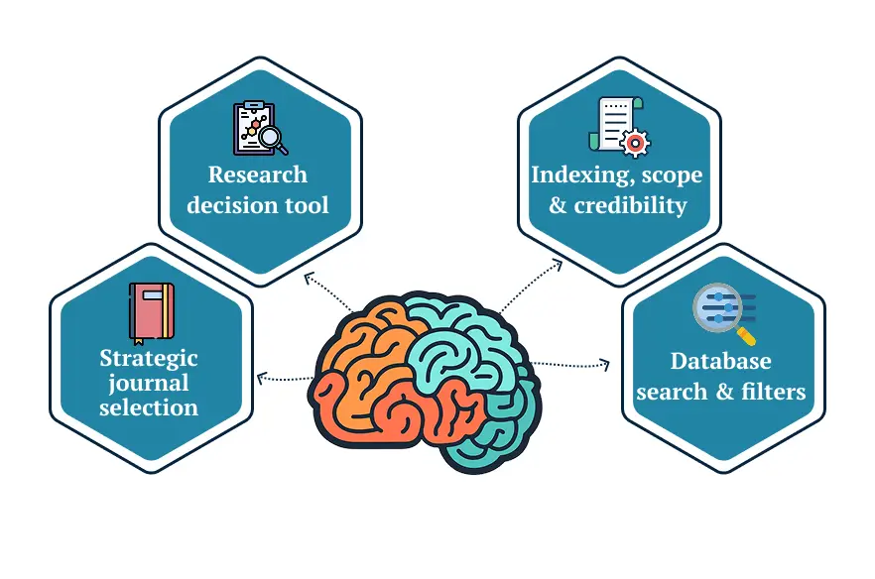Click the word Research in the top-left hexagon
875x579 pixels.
258,174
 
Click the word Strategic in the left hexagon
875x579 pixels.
149,358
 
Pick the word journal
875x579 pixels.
149,383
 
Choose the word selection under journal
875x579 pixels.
149,407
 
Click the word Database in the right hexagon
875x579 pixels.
721,361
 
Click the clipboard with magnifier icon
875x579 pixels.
259,128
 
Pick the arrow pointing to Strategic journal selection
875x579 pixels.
262,378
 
